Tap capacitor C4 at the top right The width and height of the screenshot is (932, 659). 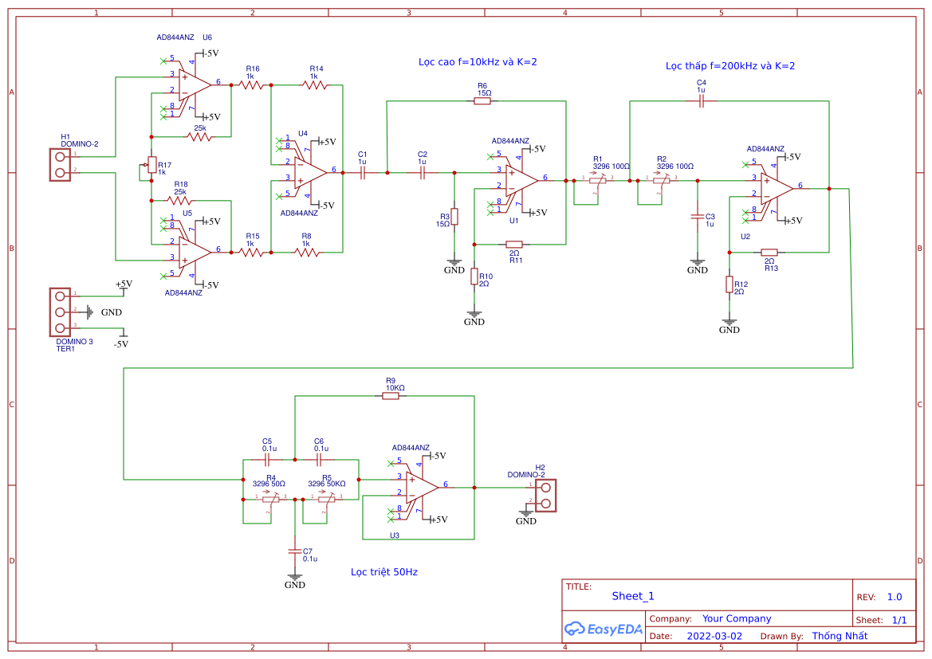702,101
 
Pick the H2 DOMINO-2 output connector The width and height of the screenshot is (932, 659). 545,493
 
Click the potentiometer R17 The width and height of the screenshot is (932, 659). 151,165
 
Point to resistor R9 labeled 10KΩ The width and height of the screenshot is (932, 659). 390,396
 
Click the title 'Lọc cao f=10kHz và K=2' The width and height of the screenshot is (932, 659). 478,62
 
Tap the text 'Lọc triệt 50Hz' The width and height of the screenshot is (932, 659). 383,572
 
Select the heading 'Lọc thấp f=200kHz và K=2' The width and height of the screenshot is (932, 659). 729,66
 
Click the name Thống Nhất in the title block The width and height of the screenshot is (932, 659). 839,636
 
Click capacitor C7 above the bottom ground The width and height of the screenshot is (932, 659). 295,551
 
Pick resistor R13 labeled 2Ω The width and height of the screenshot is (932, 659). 769,252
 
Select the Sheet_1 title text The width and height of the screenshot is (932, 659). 632,596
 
